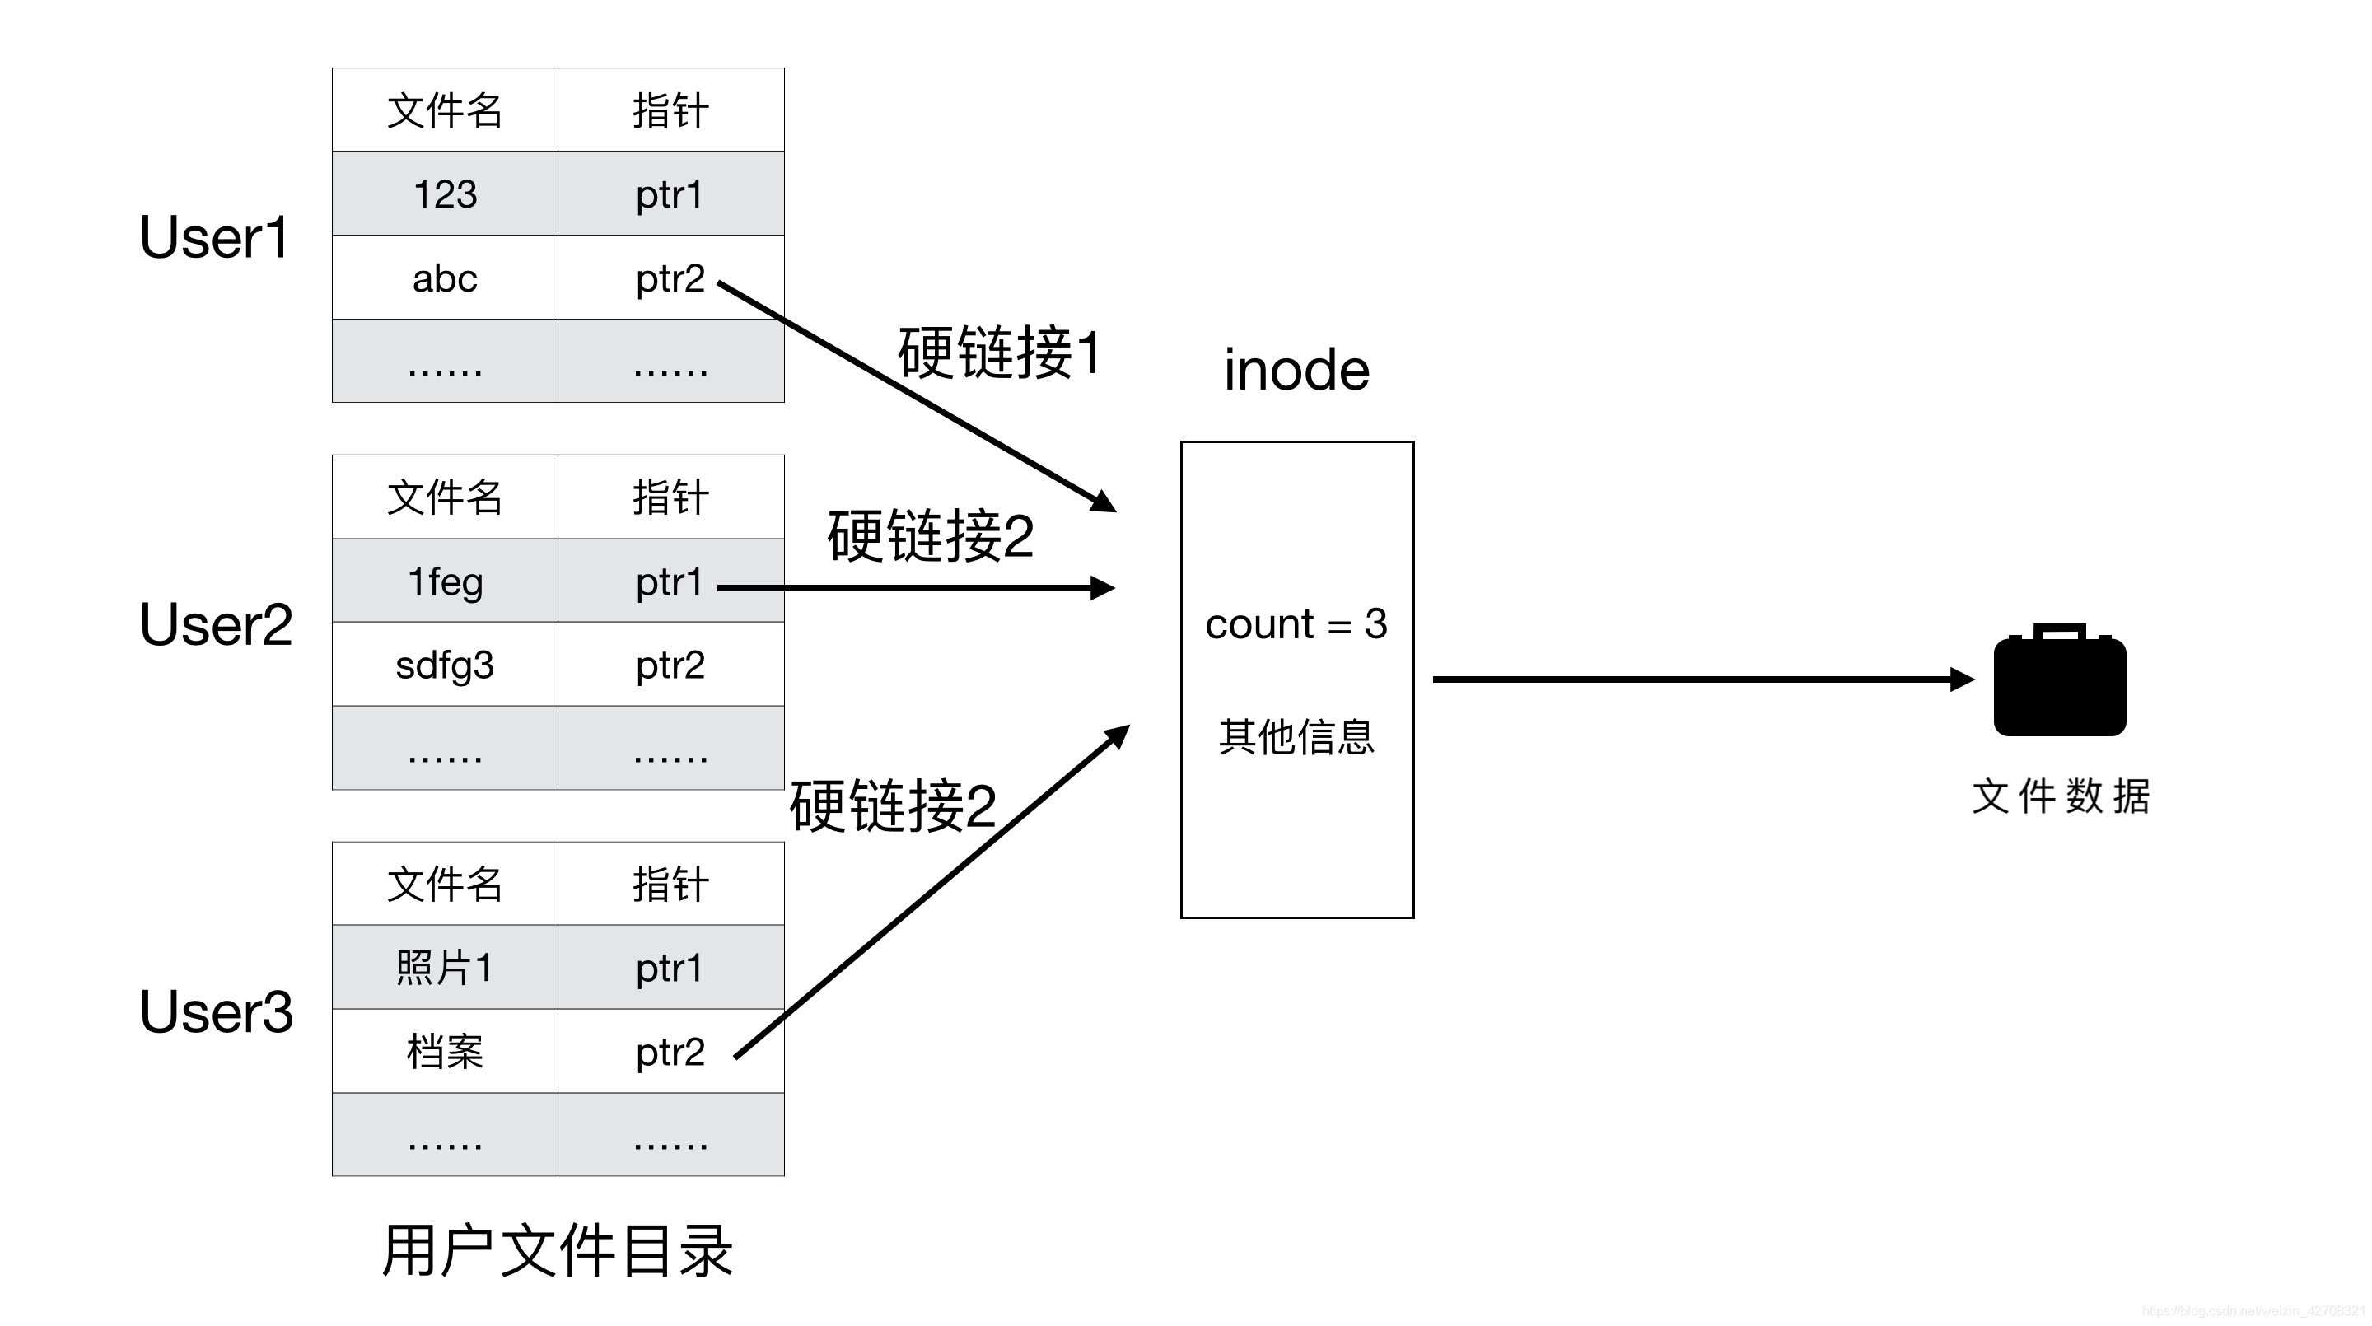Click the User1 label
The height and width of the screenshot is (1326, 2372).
coord(214,237)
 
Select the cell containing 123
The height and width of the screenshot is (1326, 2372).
coord(445,194)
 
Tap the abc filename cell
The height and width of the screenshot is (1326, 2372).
coord(445,278)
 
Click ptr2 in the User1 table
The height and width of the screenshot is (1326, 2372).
coord(670,278)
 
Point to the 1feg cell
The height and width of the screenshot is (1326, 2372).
coord(445,581)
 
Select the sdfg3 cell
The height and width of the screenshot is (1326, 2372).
coord(445,665)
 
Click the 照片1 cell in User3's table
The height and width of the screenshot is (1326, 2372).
coord(445,968)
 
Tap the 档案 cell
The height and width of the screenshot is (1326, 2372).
coord(445,1052)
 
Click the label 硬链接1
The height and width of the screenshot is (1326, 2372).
coord(999,353)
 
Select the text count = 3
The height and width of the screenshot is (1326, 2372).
coord(1296,624)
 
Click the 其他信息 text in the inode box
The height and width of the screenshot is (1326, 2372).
coord(1296,736)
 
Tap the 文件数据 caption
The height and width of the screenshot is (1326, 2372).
coord(2060,796)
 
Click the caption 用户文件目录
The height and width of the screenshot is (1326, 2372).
coord(557,1250)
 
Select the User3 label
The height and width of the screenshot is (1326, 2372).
coord(217,1012)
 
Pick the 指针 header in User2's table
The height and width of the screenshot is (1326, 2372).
coord(670,497)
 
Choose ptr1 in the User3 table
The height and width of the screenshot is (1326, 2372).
coord(670,968)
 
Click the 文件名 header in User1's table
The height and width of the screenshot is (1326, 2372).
coord(445,110)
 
